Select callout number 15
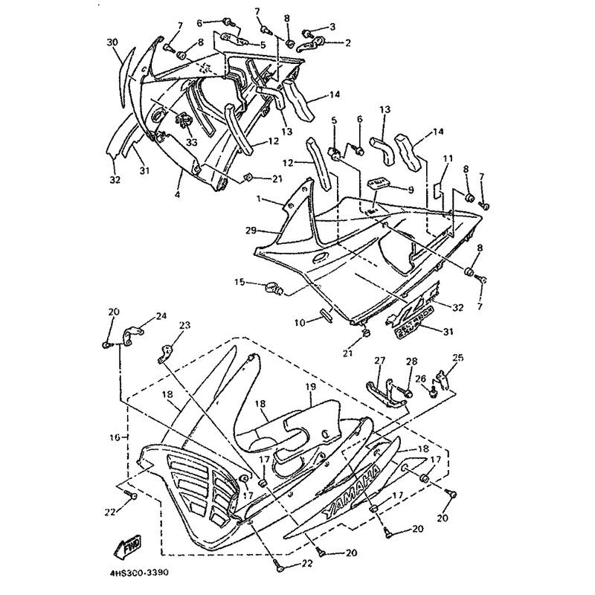pyautogui.click(x=239, y=282)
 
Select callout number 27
pyautogui.click(x=380, y=361)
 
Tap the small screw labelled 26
pyautogui.click(x=431, y=389)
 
